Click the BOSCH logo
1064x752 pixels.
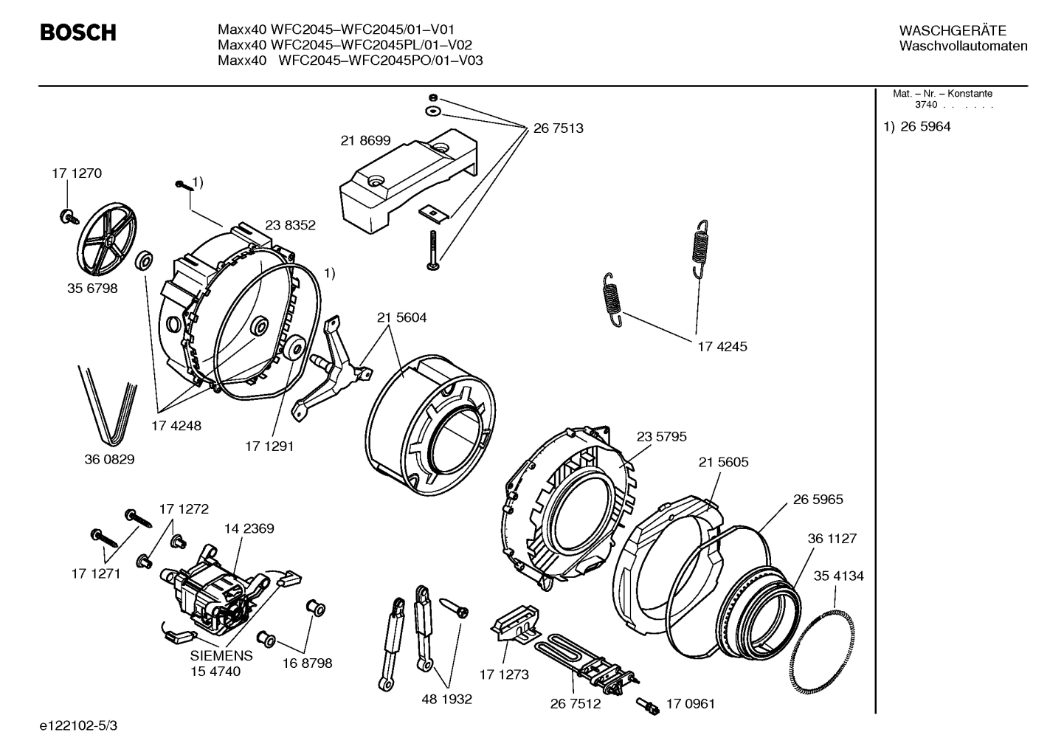tap(78, 33)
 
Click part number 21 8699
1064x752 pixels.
tap(365, 140)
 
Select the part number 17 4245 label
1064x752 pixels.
tap(722, 346)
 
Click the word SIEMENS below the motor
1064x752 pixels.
tap(221, 655)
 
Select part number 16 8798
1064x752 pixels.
tap(307, 663)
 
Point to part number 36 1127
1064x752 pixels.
tap(832, 539)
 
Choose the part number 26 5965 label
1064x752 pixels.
tap(818, 500)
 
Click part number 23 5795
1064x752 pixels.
tap(661, 437)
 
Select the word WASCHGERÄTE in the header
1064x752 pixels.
tap(952, 31)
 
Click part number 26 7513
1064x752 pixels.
tap(558, 128)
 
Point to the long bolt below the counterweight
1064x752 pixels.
tap(432, 250)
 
